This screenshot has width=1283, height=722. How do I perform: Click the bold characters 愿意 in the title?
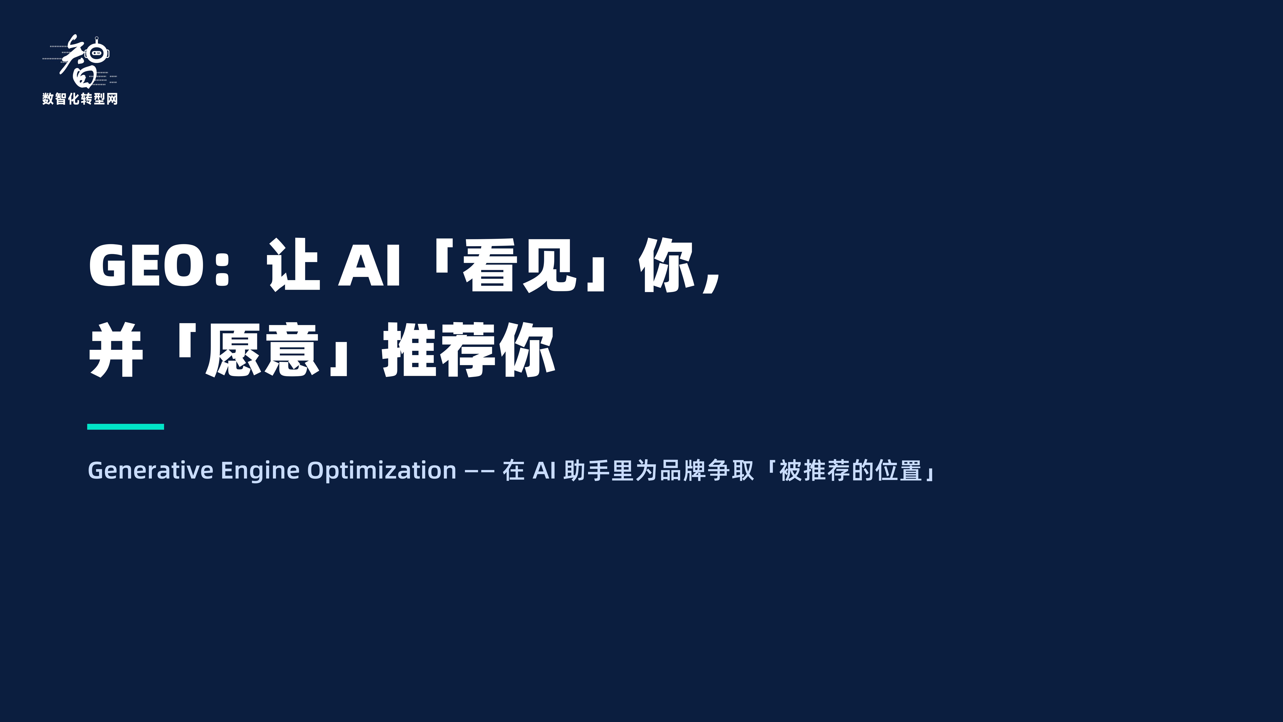[262, 350]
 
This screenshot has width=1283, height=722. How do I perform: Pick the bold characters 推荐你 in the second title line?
[468, 350]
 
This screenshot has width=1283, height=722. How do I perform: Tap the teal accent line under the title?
[125, 427]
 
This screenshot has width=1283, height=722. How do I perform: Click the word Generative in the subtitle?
[150, 470]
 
